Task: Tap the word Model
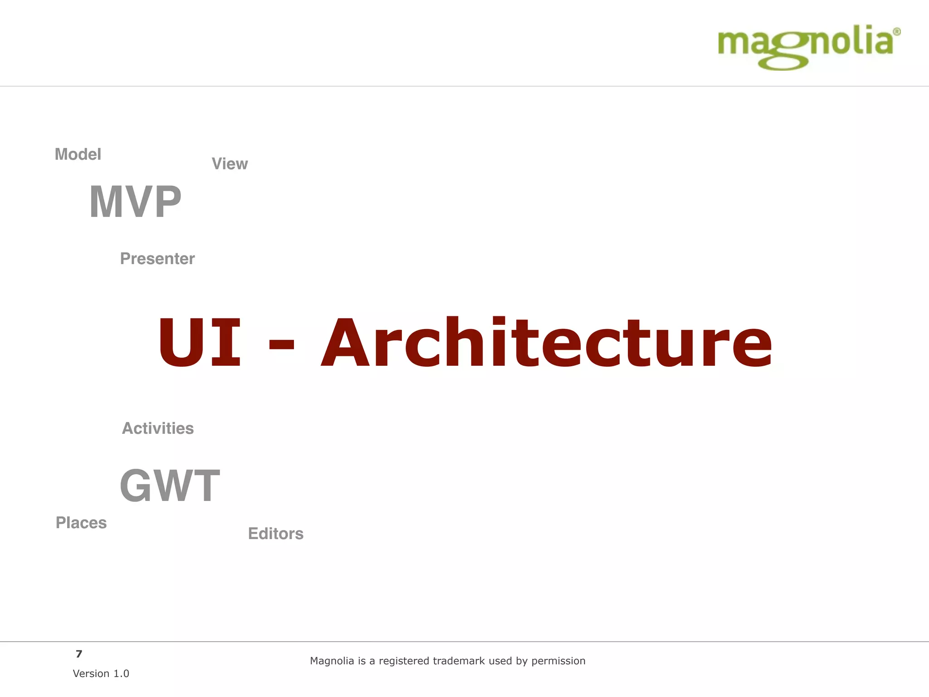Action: click(x=78, y=154)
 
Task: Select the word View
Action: click(x=230, y=164)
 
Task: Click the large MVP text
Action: click(x=135, y=202)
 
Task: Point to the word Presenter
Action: click(x=157, y=259)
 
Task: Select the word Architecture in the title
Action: click(x=546, y=342)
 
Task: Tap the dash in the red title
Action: click(x=282, y=348)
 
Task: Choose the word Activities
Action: click(x=158, y=428)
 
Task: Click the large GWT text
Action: click(x=170, y=486)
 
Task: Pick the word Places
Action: click(x=81, y=523)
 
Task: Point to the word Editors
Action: click(x=276, y=534)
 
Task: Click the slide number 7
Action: click(x=79, y=654)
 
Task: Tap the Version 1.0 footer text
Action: click(x=101, y=674)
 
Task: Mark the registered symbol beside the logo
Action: click(x=897, y=32)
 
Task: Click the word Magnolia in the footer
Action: click(x=332, y=661)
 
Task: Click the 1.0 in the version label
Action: click(x=121, y=674)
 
